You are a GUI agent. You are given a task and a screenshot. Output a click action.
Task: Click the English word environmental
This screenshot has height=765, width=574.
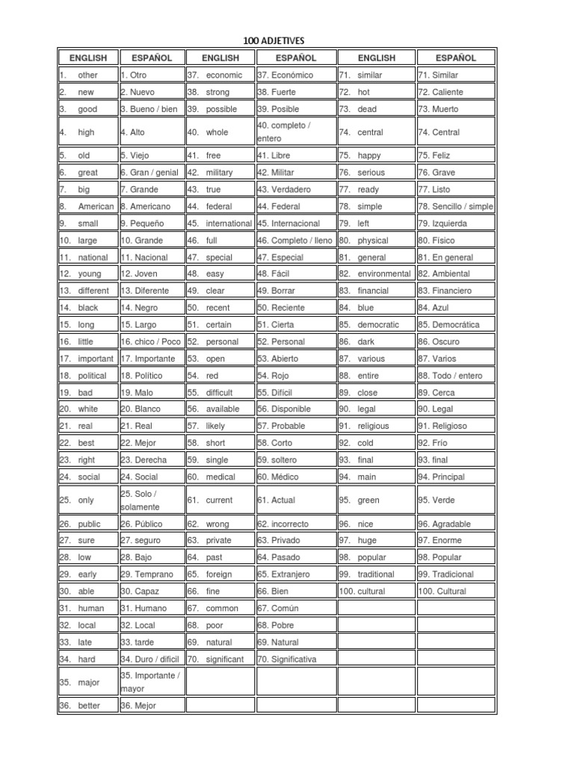[x=384, y=274]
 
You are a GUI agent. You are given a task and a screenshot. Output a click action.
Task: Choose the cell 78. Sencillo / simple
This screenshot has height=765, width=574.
[x=455, y=206]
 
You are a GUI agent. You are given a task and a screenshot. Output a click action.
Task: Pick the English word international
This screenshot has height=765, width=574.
[x=229, y=223]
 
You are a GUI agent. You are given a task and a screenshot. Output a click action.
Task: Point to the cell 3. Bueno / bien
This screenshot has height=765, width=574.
[x=149, y=109]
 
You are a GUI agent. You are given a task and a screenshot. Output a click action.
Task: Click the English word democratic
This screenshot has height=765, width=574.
[x=378, y=325]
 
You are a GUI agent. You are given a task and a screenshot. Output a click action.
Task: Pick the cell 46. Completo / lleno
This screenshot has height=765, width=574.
[x=294, y=241]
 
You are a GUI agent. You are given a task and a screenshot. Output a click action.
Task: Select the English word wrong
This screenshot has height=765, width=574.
[x=218, y=524]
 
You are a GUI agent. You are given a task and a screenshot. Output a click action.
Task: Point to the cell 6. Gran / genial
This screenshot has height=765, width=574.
[x=149, y=173]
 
